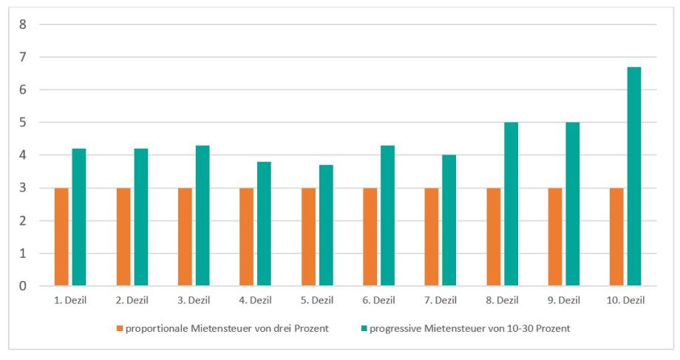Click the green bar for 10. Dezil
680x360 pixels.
click(633, 176)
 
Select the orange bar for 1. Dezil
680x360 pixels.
click(61, 237)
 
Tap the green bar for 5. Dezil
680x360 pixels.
click(325, 225)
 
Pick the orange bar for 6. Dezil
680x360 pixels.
click(370, 237)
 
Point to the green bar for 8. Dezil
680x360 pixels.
click(511, 204)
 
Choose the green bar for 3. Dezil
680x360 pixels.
click(203, 215)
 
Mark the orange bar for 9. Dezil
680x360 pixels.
click(555, 237)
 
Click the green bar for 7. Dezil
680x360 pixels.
click(449, 220)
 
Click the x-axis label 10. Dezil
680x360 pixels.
click(625, 300)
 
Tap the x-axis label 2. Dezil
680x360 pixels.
click(132, 300)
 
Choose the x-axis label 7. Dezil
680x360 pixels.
click(440, 300)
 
